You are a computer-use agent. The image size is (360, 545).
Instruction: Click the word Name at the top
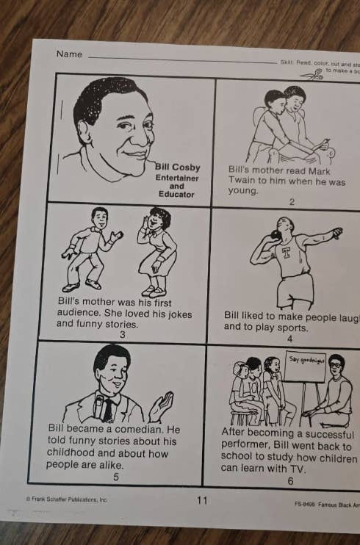(x=69, y=54)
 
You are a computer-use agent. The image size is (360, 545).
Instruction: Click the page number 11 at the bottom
(x=202, y=501)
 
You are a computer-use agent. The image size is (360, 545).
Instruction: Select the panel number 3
(x=122, y=335)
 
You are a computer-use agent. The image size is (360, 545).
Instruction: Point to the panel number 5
(x=115, y=477)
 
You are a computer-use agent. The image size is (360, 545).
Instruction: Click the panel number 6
(x=290, y=481)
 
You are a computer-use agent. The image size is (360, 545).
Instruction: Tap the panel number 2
(x=291, y=202)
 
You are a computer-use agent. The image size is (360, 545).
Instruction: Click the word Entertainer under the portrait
(x=176, y=178)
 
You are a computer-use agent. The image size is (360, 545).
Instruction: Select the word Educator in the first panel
(x=176, y=195)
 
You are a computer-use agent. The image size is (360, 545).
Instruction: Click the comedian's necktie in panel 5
(x=108, y=410)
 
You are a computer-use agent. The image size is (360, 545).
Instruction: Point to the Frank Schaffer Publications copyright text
(x=68, y=499)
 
